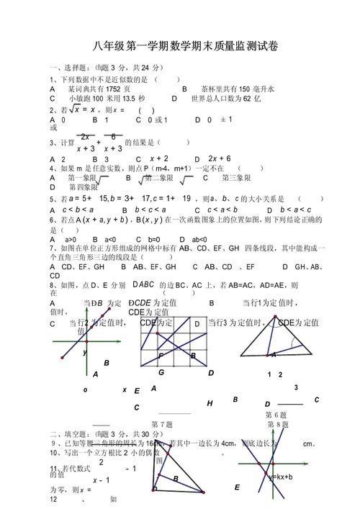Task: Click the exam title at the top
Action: click(x=185, y=46)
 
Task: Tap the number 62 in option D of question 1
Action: click(x=248, y=98)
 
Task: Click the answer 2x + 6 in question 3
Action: click(x=220, y=158)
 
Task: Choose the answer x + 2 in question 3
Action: click(x=159, y=158)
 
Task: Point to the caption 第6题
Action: click(x=276, y=415)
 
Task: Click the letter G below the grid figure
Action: click(x=161, y=372)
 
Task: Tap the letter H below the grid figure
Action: click(x=210, y=403)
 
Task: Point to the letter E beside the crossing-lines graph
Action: click(x=237, y=487)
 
